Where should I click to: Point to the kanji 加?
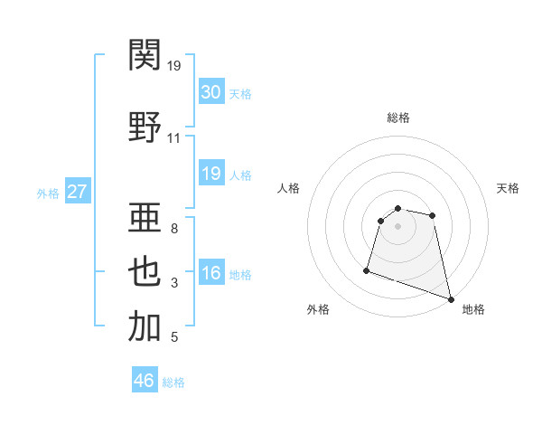click(x=145, y=326)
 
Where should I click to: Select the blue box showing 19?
click(x=210, y=174)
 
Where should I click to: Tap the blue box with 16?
click(x=210, y=274)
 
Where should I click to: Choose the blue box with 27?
click(x=78, y=192)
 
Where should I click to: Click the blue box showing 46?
click(x=145, y=381)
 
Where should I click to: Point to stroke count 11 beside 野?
click(x=173, y=137)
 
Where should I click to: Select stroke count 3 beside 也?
click(x=173, y=283)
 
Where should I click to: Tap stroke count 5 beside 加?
click(x=173, y=337)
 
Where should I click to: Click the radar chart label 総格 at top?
click(x=398, y=118)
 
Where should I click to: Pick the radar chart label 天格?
click(x=509, y=188)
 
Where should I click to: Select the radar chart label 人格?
click(x=289, y=188)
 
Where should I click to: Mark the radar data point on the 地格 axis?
click(x=451, y=298)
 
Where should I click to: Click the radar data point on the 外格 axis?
click(x=367, y=269)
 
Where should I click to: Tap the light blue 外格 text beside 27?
click(x=47, y=193)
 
